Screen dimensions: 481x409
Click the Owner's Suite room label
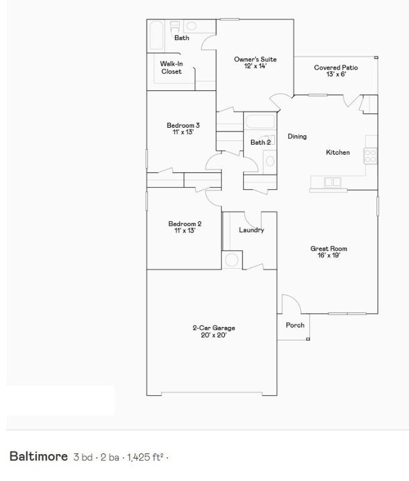[255, 59]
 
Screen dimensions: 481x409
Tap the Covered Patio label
[336, 68]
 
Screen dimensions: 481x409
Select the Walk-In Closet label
[171, 68]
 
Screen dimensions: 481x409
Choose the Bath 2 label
[261, 143]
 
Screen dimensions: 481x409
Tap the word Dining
[297, 137]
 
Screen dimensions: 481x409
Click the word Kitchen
[338, 153]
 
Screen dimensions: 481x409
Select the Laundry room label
[251, 230]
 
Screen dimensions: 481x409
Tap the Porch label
[295, 325]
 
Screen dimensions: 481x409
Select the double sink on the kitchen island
[332, 182]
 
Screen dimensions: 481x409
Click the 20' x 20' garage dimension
[214, 335]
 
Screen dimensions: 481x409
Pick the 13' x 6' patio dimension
[336, 75]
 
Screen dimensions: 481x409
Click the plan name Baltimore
[38, 456]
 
